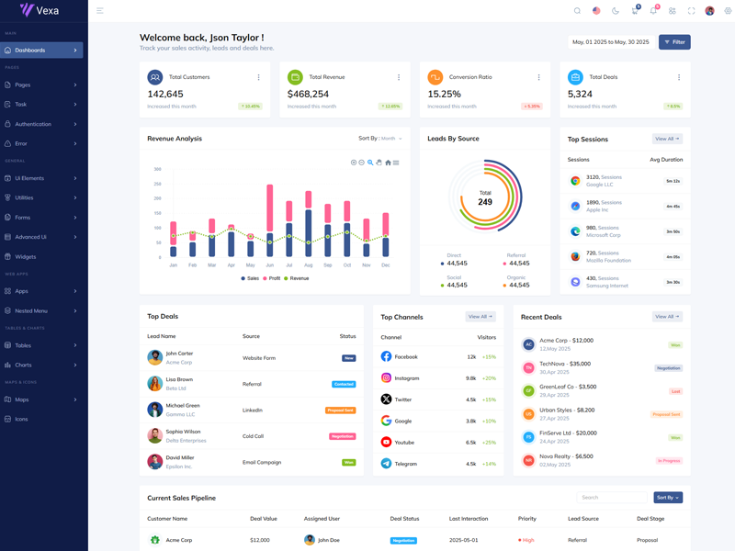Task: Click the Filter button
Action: click(674, 42)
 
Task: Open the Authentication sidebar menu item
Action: click(33, 124)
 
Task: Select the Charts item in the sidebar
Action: click(23, 365)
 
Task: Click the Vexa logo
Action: click(40, 10)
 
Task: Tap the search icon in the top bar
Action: click(577, 11)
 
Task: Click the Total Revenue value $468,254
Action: click(308, 94)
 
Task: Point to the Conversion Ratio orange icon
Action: click(435, 77)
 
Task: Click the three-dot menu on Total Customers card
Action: click(258, 77)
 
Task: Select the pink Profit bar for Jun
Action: click(270, 207)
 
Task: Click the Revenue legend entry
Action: click(297, 278)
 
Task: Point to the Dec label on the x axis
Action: click(385, 264)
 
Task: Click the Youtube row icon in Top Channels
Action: click(386, 442)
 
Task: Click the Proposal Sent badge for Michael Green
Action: click(340, 410)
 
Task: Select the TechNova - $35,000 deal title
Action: click(565, 364)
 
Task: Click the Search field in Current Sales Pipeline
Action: click(612, 498)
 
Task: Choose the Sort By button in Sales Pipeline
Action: click(668, 498)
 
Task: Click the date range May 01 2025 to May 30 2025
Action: click(610, 42)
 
